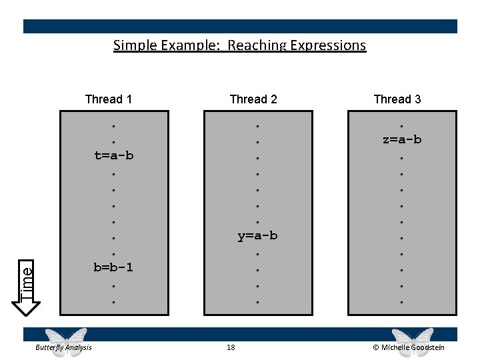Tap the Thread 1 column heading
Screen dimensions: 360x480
pos(109,99)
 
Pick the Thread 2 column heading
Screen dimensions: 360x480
pos(253,99)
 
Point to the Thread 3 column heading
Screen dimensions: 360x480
pos(397,99)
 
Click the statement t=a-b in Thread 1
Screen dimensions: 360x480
pos(113,156)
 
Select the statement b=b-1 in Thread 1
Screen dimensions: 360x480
pos(113,267)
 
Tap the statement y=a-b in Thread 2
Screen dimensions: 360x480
pos(257,236)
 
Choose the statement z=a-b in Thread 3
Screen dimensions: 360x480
pos(401,139)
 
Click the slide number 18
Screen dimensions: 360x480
pos(231,347)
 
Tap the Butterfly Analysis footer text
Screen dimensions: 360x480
pos(64,347)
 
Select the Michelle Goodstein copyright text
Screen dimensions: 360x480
pos(408,347)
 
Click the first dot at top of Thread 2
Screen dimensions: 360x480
pos(257,124)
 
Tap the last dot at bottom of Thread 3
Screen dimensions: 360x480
pos(401,302)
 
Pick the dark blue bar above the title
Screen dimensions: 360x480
pos(240,26)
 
